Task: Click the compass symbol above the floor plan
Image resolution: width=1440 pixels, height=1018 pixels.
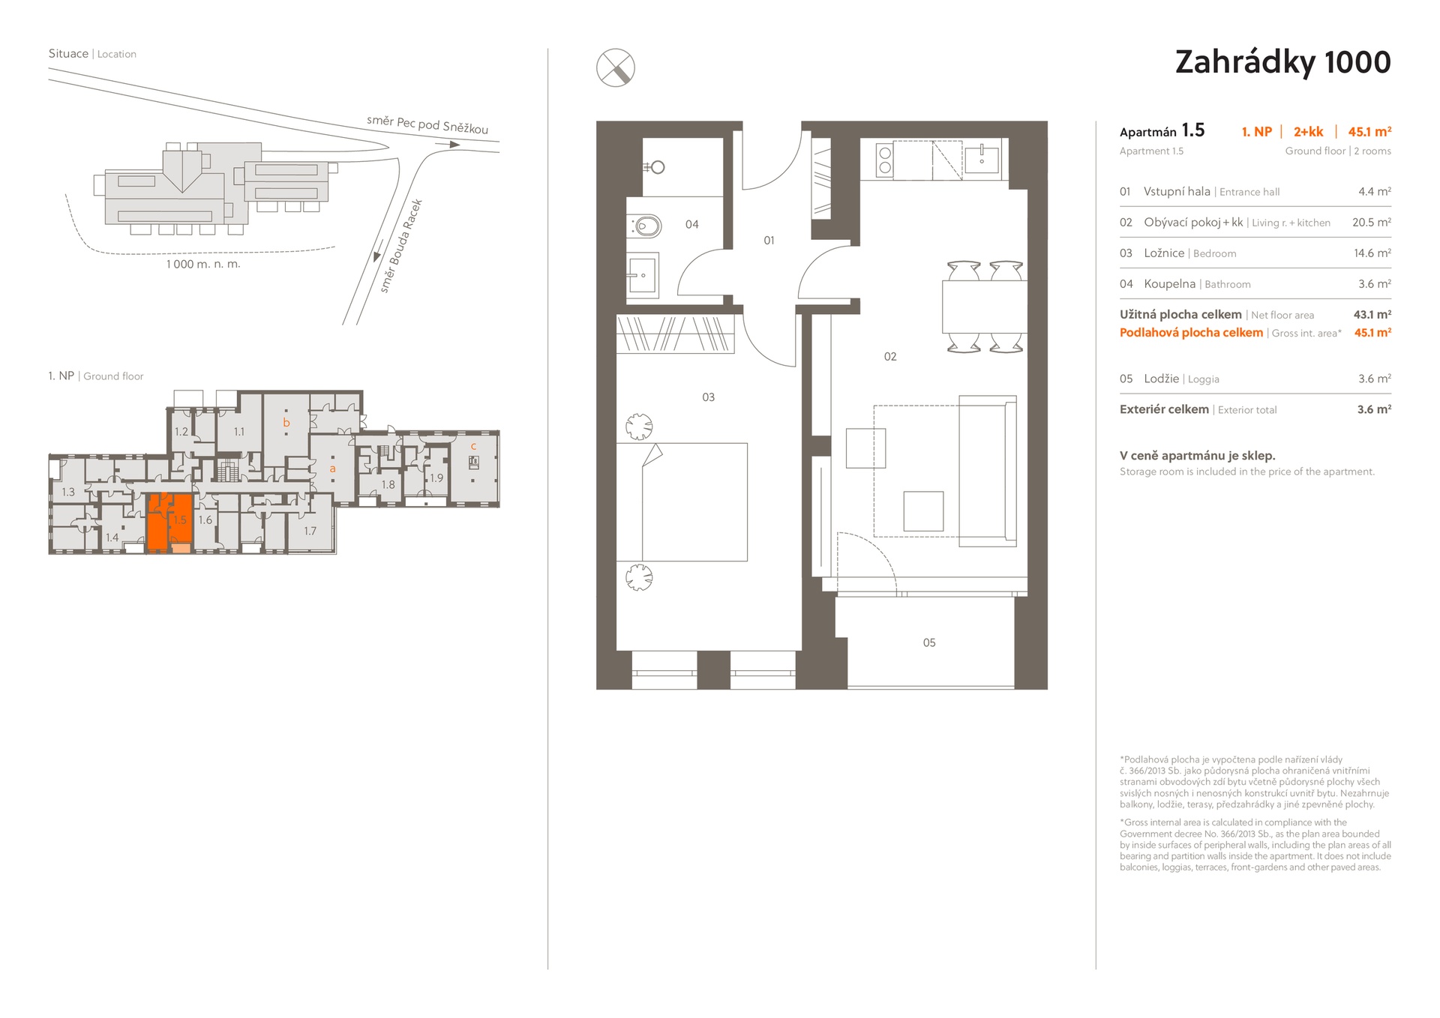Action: click(615, 67)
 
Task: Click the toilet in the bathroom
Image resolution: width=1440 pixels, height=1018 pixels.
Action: click(646, 225)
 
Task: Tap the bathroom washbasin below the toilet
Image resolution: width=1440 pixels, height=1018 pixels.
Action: click(643, 275)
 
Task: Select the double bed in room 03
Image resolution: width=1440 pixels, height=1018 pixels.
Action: click(694, 502)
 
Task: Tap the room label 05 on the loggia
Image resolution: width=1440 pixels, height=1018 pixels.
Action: click(929, 642)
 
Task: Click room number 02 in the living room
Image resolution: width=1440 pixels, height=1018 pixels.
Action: click(890, 356)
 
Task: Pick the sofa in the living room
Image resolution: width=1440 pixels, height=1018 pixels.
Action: click(988, 471)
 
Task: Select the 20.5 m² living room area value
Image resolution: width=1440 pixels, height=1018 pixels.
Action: click(1372, 223)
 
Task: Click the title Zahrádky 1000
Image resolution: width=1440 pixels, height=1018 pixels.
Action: click(1282, 62)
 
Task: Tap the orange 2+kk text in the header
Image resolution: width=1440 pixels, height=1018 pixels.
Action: click(1308, 132)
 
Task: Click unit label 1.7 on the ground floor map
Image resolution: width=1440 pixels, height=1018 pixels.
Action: click(310, 531)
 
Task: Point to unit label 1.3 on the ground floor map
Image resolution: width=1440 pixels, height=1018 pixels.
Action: click(68, 492)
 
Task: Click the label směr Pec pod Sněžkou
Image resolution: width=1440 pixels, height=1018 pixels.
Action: click(427, 124)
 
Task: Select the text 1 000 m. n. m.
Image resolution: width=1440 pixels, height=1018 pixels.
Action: click(203, 264)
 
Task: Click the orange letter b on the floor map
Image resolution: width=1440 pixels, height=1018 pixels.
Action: click(286, 423)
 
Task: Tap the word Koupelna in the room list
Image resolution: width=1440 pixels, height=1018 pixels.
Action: click(1169, 284)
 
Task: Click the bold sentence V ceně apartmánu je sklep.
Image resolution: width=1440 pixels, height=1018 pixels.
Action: click(1197, 456)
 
